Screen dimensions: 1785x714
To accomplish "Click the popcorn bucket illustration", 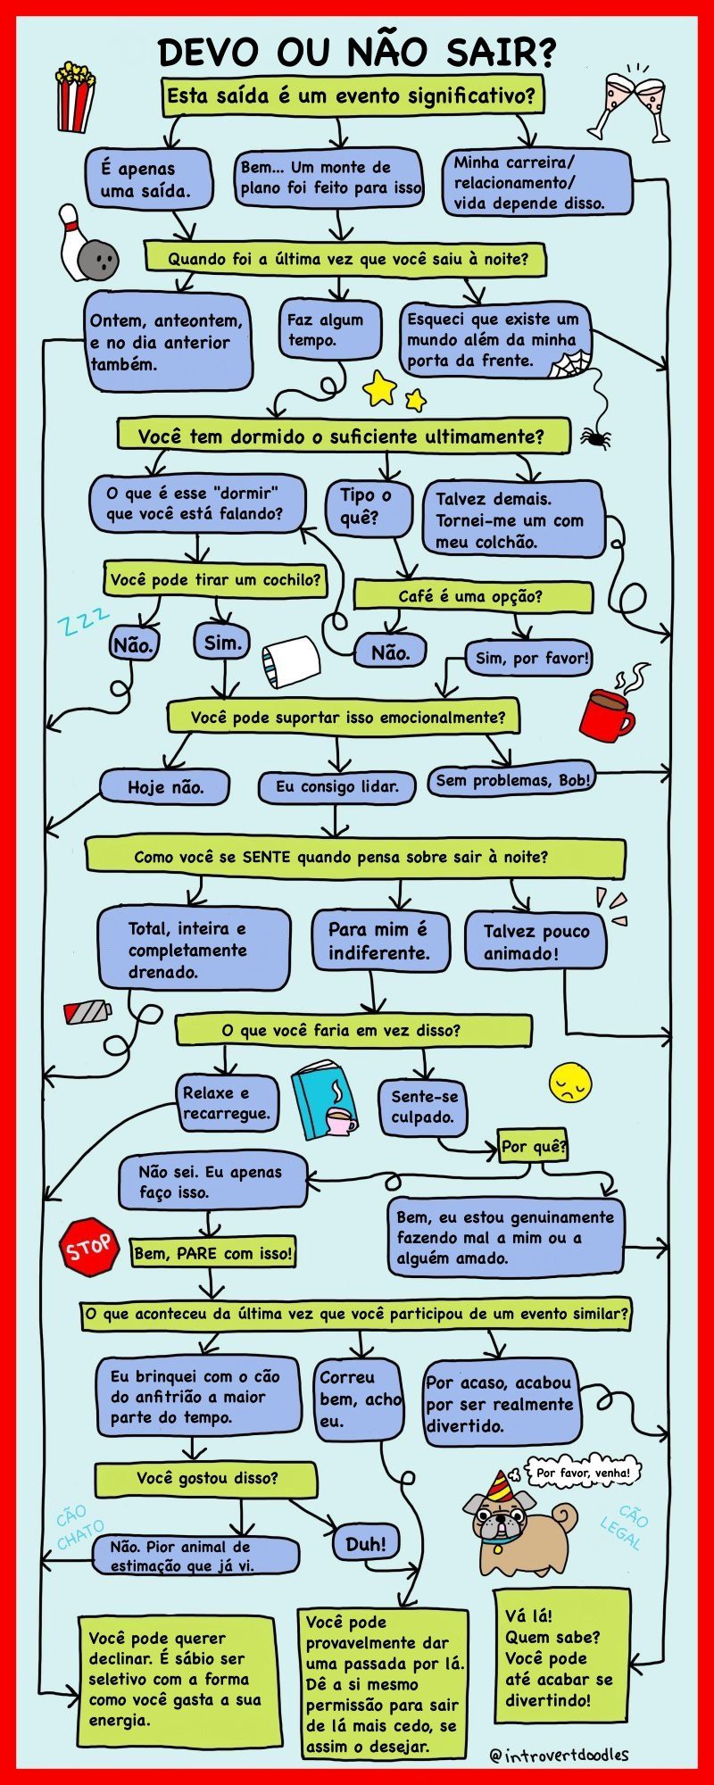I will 75,95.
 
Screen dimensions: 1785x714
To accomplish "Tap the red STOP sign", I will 88,1245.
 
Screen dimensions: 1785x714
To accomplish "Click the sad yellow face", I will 570,1083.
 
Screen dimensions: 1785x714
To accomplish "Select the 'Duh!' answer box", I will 366,1543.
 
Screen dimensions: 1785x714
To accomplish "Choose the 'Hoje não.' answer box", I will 165,787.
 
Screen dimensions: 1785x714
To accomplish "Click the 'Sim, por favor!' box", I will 530,659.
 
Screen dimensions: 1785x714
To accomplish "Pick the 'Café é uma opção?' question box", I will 472,596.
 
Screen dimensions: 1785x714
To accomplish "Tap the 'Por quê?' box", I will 534,1146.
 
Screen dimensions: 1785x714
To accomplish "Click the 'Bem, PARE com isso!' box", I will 212,1253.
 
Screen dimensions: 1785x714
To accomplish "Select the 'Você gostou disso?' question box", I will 206,1479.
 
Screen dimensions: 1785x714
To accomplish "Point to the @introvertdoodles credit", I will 559,1755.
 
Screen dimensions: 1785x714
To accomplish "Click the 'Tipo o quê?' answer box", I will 366,506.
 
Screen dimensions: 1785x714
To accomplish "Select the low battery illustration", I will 87,1011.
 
